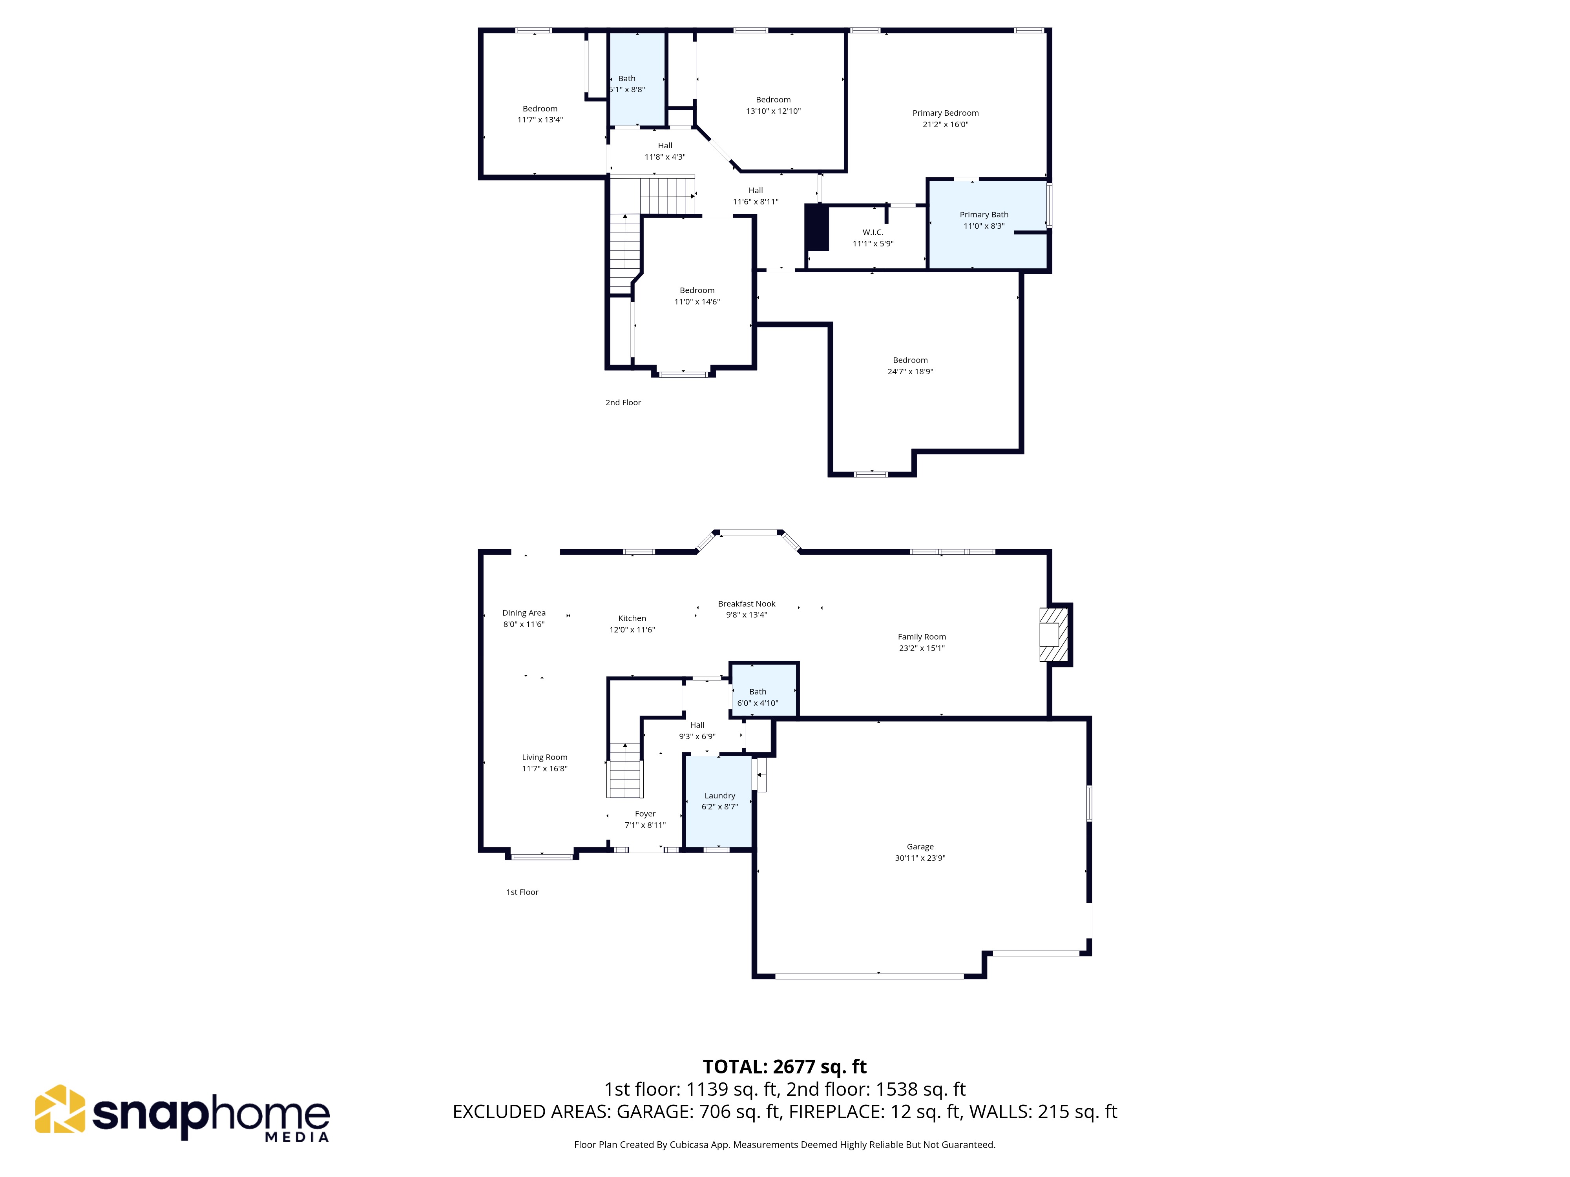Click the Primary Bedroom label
click(946, 113)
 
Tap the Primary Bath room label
click(984, 214)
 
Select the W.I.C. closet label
click(873, 232)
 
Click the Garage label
click(920, 846)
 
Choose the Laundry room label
click(720, 795)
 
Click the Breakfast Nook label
click(747, 604)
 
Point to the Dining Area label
click(524, 613)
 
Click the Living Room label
click(544, 757)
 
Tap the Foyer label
click(645, 814)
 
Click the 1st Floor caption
click(522, 892)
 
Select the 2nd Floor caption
click(623, 402)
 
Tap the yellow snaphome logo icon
click(60, 1109)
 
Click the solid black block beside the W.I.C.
click(816, 227)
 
